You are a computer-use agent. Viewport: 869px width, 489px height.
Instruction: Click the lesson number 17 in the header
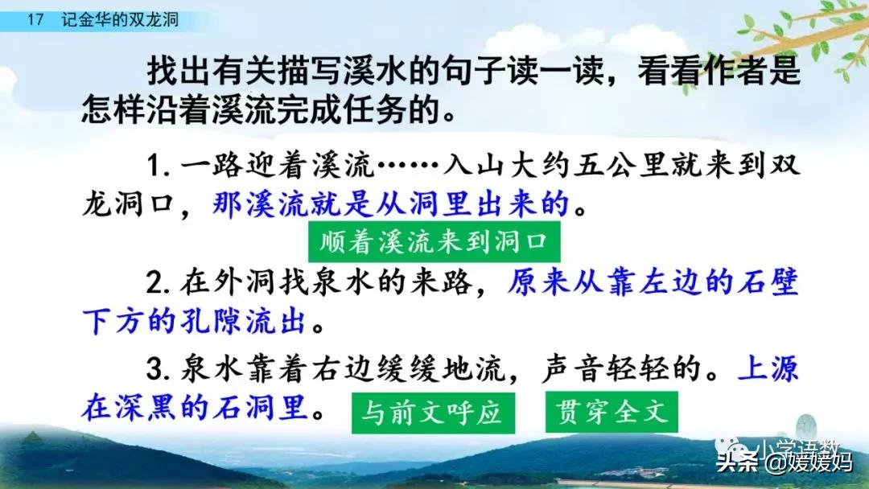pyautogui.click(x=35, y=20)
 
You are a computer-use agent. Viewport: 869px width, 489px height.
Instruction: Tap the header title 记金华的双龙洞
pyautogui.click(x=120, y=20)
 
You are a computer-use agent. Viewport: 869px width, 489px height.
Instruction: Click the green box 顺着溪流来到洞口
pyautogui.click(x=434, y=242)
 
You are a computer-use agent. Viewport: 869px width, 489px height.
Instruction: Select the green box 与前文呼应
pyautogui.click(x=433, y=413)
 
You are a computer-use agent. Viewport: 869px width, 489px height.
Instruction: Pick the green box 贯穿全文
pyautogui.click(x=612, y=412)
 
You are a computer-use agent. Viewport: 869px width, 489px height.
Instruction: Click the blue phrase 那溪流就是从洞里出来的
pyautogui.click(x=391, y=203)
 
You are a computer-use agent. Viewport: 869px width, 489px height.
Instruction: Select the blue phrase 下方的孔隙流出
pyautogui.click(x=194, y=321)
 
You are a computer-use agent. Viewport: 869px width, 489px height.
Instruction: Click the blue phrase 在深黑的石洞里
pyautogui.click(x=195, y=408)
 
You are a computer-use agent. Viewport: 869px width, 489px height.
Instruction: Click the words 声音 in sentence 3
pyautogui.click(x=571, y=369)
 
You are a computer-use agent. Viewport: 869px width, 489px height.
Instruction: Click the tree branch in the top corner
pyautogui.click(x=809, y=33)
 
